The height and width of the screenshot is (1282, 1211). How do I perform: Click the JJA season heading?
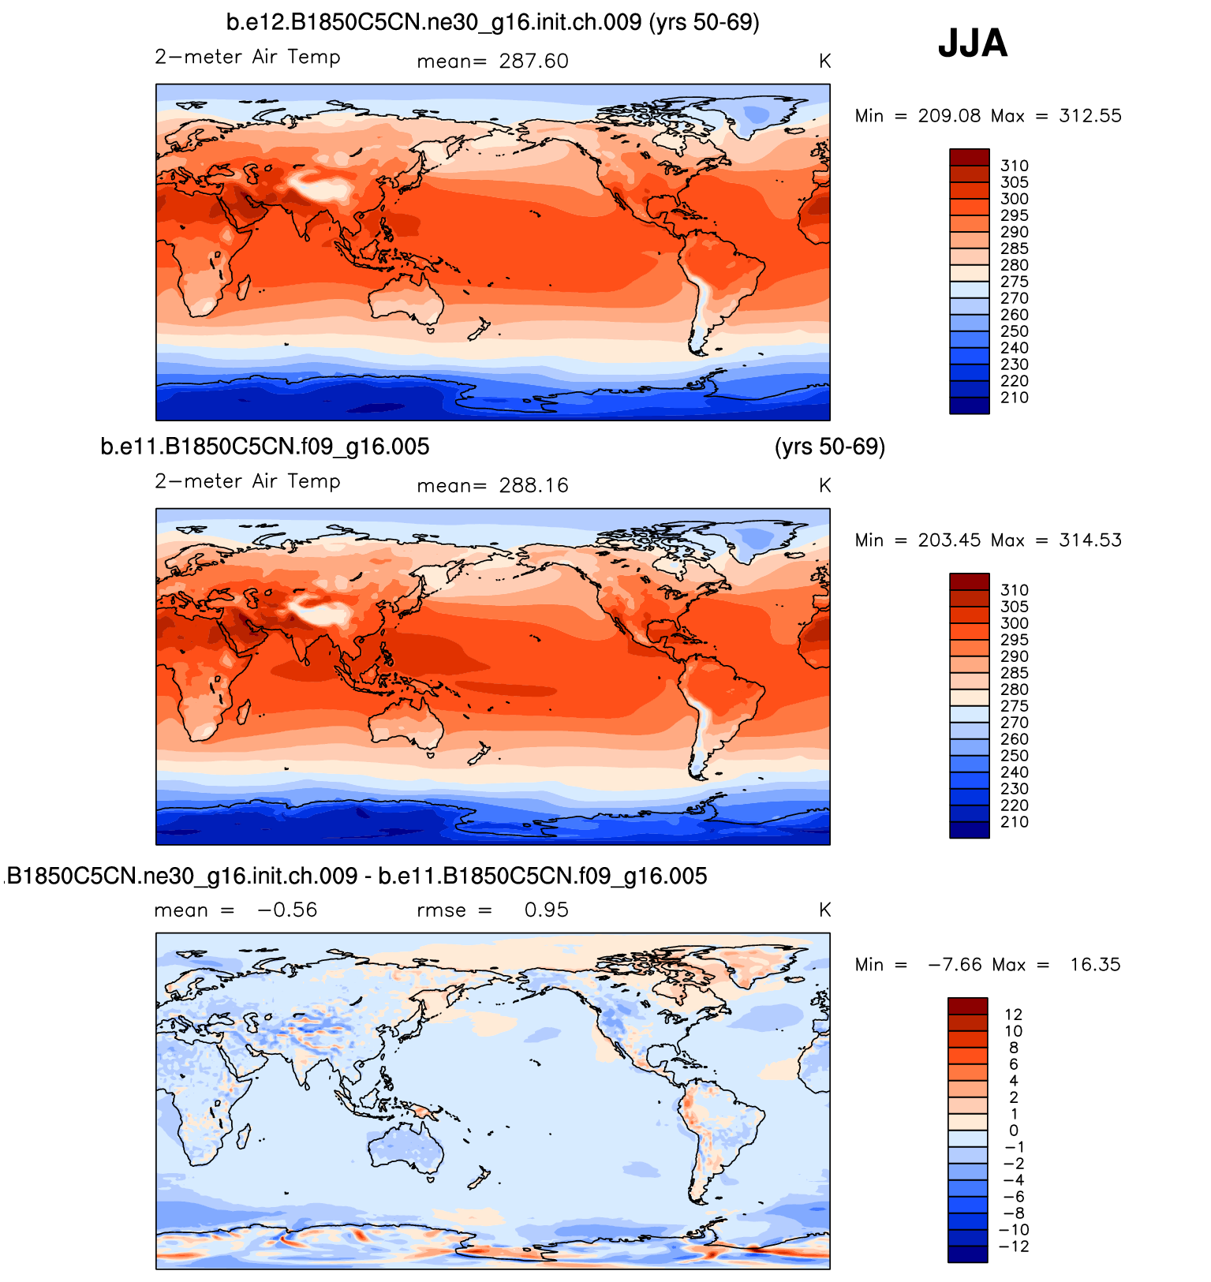click(x=972, y=43)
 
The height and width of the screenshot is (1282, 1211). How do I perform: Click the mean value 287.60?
click(x=533, y=62)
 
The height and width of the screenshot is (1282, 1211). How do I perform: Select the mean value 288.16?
click(x=533, y=486)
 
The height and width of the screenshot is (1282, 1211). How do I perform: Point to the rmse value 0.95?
click(x=546, y=910)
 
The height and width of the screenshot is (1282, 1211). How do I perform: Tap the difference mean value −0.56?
click(x=287, y=910)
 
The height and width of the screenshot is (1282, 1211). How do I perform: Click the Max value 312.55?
click(x=1090, y=116)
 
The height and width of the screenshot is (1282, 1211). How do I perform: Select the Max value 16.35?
click(x=1095, y=965)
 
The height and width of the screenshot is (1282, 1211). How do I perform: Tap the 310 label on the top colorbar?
click(x=1015, y=166)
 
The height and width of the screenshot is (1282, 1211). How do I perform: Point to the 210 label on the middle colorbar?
click(x=1015, y=822)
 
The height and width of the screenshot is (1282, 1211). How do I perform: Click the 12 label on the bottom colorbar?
click(x=1013, y=1015)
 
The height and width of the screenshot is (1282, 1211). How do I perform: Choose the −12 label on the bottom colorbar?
click(x=1015, y=1246)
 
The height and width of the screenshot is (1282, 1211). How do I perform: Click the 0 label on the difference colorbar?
click(x=1014, y=1131)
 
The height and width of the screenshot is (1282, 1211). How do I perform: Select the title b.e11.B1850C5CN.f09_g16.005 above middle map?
click(x=265, y=447)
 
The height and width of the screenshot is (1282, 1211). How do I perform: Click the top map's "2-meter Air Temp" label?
click(x=248, y=58)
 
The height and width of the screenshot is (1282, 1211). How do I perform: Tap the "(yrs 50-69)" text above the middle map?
click(x=830, y=447)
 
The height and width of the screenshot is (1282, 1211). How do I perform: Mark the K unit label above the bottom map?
click(x=824, y=910)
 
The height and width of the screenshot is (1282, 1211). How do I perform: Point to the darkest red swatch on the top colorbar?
click(x=970, y=157)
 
